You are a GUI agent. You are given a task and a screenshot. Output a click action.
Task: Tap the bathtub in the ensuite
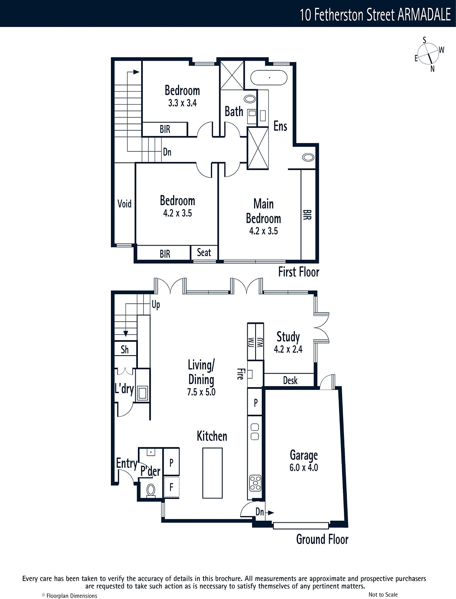pos(269,78)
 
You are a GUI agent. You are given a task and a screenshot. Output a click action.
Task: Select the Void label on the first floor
pos(124,204)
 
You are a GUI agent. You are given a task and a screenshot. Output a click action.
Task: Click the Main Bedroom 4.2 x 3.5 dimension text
pos(263,231)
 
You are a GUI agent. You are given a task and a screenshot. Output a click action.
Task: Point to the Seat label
pos(204,252)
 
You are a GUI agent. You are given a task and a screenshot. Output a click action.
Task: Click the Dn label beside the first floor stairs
pos(167,152)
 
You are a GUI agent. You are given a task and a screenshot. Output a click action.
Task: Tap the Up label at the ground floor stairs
pos(155,305)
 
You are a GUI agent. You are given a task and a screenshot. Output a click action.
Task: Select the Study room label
pos(288,337)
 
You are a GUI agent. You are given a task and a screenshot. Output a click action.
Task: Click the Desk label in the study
pos(290,380)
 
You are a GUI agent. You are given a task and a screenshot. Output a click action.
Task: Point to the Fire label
pos(241,374)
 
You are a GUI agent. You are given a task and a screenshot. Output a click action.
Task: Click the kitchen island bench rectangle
pos(212,473)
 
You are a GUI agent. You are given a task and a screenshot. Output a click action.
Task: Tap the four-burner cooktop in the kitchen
pos(255,483)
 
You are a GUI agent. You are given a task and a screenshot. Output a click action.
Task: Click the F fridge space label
pos(171,487)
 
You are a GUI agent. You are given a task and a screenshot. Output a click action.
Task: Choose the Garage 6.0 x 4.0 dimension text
pos(304,468)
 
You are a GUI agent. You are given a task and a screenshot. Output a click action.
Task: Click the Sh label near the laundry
pos(124,350)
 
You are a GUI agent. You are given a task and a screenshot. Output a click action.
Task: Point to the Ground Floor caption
pos(322,539)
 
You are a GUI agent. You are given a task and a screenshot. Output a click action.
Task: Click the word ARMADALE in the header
pos(424,15)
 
